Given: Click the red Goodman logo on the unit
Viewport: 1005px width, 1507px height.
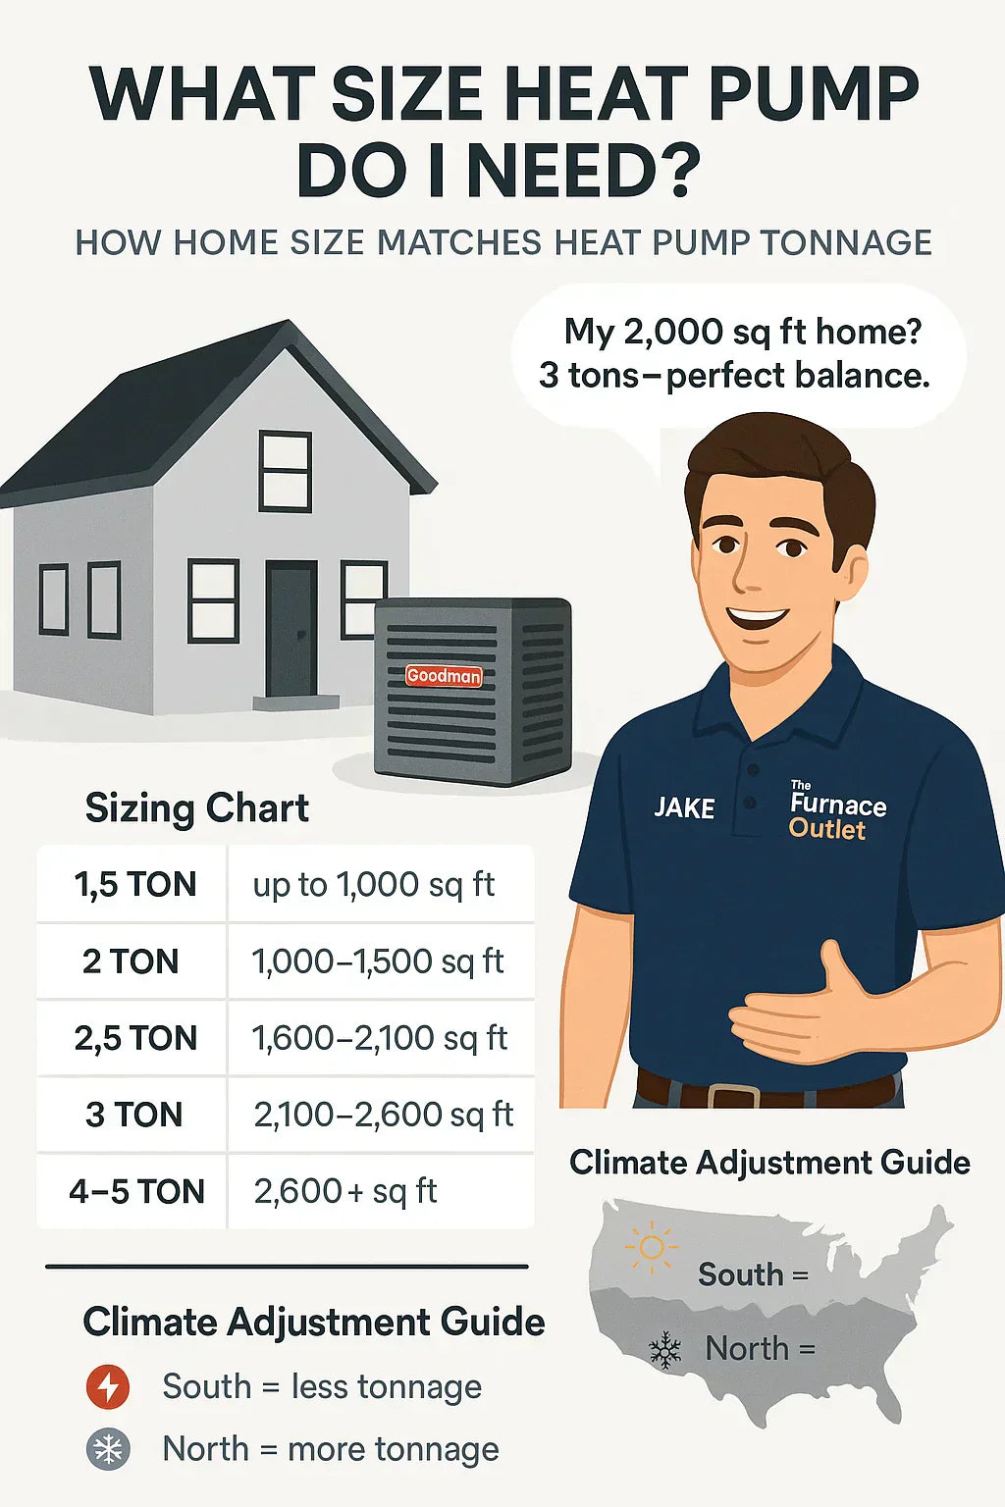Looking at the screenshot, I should (x=444, y=676).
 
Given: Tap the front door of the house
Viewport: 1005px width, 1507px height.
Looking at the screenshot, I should (x=291, y=628).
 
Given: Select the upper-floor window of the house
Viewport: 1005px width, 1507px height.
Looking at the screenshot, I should (x=286, y=471).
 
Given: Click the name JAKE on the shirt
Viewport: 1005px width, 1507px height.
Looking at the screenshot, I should (x=684, y=808).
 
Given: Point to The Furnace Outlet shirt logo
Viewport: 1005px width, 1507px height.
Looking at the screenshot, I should (x=837, y=812).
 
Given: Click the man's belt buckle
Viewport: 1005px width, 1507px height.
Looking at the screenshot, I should (x=733, y=1096).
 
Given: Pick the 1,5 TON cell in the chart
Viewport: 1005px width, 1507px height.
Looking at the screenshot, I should (x=135, y=885).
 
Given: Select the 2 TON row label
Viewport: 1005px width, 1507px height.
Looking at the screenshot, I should (x=131, y=961).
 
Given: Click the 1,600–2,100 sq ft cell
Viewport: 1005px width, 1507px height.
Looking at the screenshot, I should (x=380, y=1038).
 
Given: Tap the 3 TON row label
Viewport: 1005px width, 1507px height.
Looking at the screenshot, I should (x=133, y=1115).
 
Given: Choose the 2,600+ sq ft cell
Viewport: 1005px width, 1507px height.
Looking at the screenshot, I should (x=345, y=1192).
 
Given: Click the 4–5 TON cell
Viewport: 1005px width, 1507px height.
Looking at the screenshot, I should (x=136, y=1192).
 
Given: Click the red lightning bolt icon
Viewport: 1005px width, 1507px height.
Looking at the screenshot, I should (x=108, y=1386).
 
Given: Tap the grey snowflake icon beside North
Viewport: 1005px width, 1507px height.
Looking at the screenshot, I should (x=108, y=1449).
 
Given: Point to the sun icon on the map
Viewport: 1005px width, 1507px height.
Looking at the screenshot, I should (x=651, y=1248).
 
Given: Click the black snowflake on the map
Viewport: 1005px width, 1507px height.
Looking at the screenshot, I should (x=665, y=1351).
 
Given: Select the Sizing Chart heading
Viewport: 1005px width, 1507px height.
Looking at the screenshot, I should (x=197, y=808).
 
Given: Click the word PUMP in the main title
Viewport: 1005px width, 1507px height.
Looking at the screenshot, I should (x=814, y=95).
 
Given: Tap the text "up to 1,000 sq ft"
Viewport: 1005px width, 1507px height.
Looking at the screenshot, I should (x=374, y=885).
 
